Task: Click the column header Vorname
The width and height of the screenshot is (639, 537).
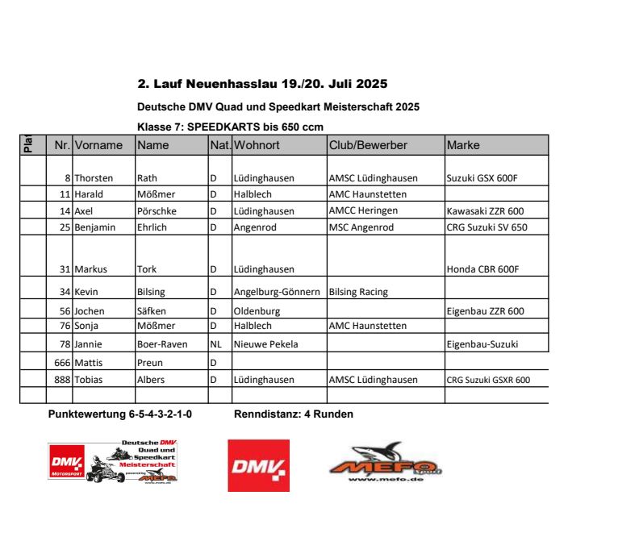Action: tap(98, 146)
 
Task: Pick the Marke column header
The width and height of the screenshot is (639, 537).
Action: tap(463, 146)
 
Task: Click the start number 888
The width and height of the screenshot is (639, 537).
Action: tap(60, 380)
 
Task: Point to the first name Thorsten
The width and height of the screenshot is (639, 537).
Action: tap(94, 178)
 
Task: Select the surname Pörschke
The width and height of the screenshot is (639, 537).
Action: tap(158, 211)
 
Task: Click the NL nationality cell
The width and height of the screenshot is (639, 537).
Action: tap(215, 344)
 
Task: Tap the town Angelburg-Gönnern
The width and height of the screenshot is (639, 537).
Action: tap(277, 292)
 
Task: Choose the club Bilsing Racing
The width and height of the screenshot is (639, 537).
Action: tap(358, 292)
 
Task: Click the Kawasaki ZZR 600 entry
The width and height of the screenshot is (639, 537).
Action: tap(485, 211)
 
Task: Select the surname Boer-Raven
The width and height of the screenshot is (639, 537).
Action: tap(162, 344)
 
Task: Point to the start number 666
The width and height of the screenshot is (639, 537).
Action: tap(60, 363)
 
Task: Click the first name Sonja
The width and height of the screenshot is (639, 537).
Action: tap(88, 326)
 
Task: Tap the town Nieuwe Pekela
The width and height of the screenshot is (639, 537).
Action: tap(265, 344)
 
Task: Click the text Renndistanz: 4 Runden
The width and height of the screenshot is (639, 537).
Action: tap(293, 414)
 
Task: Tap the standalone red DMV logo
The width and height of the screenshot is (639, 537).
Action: tap(258, 465)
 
